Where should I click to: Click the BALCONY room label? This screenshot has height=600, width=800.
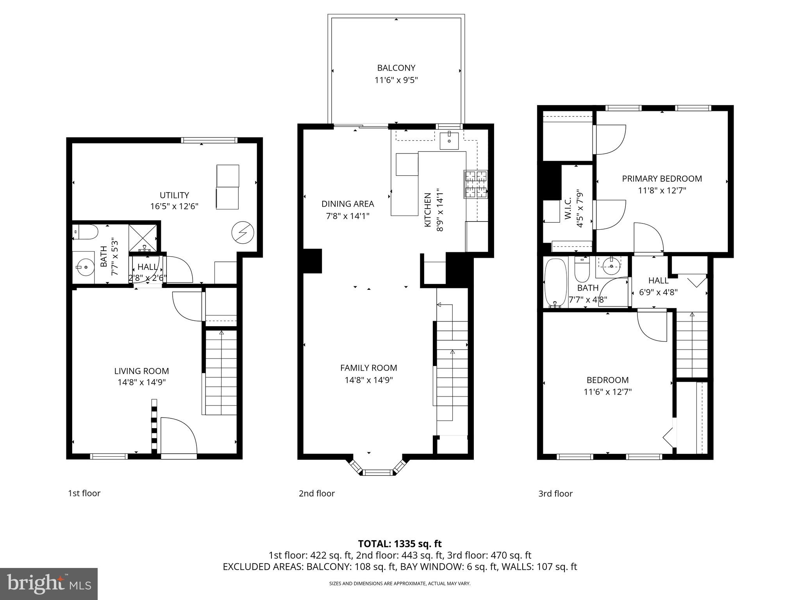(x=396, y=68)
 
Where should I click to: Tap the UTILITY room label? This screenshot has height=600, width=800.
(x=174, y=195)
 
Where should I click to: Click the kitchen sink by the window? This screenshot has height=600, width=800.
(x=449, y=141)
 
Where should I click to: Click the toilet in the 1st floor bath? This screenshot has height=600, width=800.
(x=86, y=232)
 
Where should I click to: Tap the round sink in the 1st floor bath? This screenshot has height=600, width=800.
(x=84, y=268)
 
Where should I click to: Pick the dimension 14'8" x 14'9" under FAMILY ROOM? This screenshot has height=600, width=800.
(x=369, y=380)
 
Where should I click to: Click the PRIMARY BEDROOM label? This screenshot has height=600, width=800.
(x=662, y=179)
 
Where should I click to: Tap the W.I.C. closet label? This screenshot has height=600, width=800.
(x=568, y=208)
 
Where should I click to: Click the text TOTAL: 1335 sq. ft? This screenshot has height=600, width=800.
(x=400, y=544)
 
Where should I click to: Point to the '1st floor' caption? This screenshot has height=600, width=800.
(x=84, y=493)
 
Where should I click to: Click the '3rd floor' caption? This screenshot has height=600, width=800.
(x=555, y=494)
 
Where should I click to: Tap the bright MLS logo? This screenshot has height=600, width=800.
(x=49, y=584)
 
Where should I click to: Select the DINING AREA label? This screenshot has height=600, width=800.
(x=348, y=204)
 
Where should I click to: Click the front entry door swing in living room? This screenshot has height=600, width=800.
(x=178, y=436)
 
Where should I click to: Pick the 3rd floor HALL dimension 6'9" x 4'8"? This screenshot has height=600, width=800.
(x=658, y=292)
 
